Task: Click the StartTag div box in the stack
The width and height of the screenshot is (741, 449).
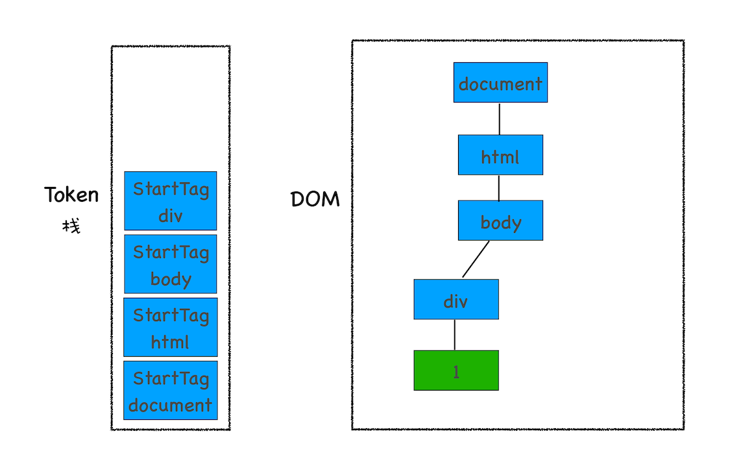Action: pos(171,201)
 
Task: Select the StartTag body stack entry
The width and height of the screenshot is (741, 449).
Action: pos(171,264)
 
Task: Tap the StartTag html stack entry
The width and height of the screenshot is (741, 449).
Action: pos(171,327)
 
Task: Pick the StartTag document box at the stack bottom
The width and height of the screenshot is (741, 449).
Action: pos(171,390)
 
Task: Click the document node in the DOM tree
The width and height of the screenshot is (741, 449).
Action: pos(500,82)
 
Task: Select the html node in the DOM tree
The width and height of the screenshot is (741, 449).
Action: pos(500,155)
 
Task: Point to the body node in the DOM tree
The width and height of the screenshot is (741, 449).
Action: pos(500,221)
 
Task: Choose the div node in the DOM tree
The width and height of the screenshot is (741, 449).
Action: pos(456,299)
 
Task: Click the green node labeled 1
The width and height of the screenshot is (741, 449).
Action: pos(456,370)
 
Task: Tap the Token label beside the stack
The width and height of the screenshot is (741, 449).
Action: pos(71,195)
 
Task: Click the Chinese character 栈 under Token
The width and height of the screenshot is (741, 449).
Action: pos(71,226)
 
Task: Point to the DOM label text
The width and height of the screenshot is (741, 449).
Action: pos(315,199)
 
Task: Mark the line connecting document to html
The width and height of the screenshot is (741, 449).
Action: pos(500,119)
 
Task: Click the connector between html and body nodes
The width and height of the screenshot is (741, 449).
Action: pos(499,188)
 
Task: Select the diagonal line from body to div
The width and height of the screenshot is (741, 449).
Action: pos(476,259)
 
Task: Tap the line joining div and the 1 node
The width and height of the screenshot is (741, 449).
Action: pos(455,335)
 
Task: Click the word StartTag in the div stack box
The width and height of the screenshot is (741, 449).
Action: pos(171,189)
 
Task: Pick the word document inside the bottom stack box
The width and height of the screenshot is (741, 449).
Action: pos(170,406)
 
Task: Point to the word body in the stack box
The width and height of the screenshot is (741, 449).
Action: pos(171,279)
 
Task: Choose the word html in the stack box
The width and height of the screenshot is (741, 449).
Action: pos(170,342)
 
